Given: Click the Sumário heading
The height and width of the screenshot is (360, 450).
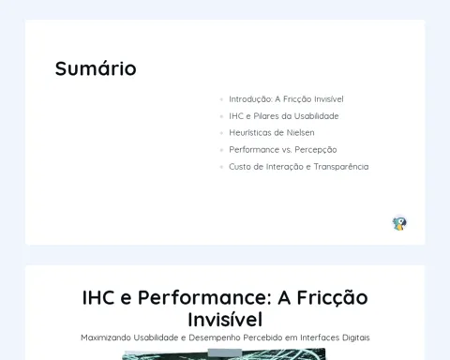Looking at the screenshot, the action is pos(96,68).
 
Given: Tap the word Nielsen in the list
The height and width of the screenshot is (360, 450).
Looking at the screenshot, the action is pos(300,133).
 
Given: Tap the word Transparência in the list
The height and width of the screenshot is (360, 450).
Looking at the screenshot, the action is pos(341,167).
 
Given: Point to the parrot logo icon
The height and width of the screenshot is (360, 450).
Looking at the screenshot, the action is pos(399,224).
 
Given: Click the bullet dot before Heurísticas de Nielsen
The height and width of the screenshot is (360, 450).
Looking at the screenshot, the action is pos(221,133).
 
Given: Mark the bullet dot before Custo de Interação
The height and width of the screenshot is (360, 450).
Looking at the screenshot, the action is pos(221,167).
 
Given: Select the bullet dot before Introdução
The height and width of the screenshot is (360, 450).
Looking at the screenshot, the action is pos(221,99).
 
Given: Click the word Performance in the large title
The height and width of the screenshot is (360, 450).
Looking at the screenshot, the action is pos(204,297).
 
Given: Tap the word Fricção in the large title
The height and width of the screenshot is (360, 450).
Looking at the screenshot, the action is pos(332,298).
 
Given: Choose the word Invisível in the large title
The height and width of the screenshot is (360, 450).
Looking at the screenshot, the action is pos(225,320).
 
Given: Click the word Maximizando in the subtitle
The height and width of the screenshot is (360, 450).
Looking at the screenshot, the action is pos(106,337).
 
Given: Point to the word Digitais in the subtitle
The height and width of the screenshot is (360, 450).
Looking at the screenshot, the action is pos(356,337).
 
